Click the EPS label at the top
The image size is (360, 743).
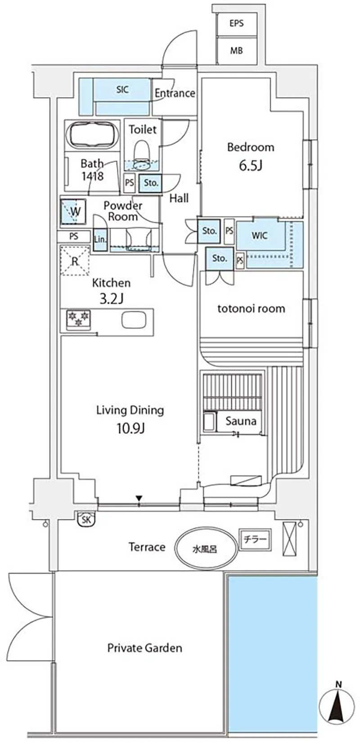236,23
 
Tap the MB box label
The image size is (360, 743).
237,50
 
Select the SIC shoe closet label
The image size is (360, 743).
122,89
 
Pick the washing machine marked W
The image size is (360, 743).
73,211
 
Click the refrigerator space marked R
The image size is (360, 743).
75,261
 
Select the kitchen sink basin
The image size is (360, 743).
134,320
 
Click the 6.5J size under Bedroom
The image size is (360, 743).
251,165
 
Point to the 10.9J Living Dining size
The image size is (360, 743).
130,428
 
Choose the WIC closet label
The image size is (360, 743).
260,236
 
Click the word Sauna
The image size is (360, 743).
241,421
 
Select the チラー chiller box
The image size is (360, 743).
255,540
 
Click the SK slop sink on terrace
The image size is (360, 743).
86,519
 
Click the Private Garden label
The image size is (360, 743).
144,648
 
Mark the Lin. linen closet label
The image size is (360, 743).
100,239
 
